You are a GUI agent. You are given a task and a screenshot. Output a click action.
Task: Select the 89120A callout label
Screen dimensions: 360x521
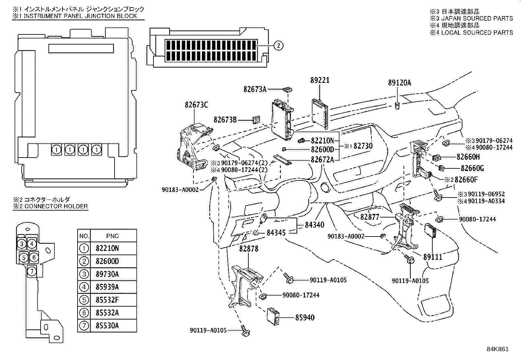click(x=400, y=83)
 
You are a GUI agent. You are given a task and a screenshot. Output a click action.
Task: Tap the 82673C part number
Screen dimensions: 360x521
click(x=196, y=105)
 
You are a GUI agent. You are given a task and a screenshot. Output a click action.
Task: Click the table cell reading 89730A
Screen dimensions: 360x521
click(x=107, y=274)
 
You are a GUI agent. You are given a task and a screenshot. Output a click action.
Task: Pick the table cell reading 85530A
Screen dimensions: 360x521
click(x=107, y=326)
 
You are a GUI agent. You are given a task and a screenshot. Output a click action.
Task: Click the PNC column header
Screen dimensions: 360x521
click(x=112, y=236)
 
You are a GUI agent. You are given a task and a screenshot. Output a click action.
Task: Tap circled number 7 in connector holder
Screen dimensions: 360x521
click(x=31, y=271)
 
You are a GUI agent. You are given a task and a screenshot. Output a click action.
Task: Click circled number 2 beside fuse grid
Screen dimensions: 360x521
click(x=278, y=46)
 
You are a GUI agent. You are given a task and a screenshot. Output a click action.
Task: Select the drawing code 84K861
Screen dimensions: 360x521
click(x=497, y=349)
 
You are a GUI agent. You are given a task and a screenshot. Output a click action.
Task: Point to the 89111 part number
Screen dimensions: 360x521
click(x=433, y=257)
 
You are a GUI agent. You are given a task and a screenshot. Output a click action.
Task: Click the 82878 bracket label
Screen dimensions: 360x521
click(x=249, y=249)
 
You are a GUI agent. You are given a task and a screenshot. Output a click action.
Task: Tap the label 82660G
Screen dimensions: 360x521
click(x=472, y=168)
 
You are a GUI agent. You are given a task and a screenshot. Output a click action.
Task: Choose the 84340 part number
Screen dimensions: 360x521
click(x=314, y=225)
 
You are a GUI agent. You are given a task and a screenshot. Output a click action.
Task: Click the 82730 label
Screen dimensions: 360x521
click(x=363, y=146)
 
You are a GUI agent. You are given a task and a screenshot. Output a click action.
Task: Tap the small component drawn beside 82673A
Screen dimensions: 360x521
click(x=288, y=89)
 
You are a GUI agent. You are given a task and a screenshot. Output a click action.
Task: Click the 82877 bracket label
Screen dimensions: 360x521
click(x=370, y=217)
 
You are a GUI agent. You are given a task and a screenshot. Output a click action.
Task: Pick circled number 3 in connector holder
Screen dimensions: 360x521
click(x=21, y=243)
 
